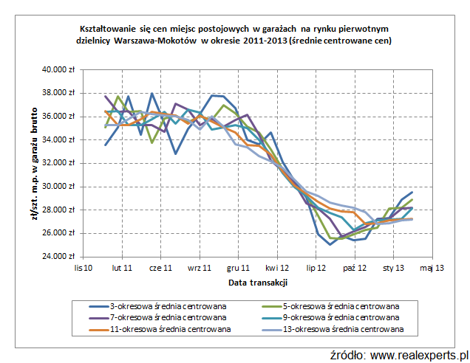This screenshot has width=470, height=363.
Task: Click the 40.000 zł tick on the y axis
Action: coord(59,69)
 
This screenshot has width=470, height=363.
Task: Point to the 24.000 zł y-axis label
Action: coord(59,257)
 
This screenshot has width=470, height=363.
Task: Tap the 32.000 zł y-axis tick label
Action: coord(59,163)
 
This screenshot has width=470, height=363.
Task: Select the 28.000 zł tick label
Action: coord(59,210)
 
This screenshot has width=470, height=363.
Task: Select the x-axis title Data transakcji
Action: coord(257,283)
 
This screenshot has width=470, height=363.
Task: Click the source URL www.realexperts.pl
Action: coord(418,355)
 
